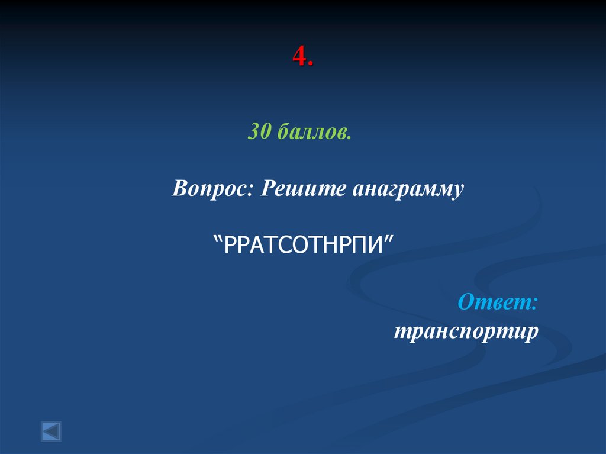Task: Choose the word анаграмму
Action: point(408,189)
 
